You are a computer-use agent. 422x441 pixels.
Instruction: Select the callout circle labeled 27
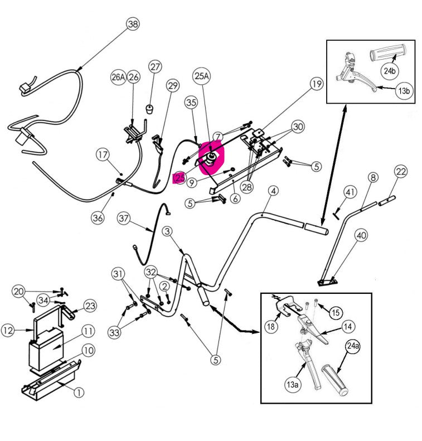click(154, 66)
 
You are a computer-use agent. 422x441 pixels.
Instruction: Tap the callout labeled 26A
click(118, 77)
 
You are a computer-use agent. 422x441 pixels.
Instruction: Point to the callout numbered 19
click(316, 85)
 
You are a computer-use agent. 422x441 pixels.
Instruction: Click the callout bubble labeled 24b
click(389, 70)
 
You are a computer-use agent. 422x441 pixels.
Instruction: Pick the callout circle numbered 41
click(349, 192)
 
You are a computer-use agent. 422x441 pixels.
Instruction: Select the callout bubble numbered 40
click(361, 236)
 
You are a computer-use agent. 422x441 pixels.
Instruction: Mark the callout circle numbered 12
click(8, 331)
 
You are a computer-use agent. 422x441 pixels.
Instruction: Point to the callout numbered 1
click(79, 392)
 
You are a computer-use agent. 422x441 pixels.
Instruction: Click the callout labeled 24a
click(353, 346)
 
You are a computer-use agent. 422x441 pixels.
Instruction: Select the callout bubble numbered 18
click(271, 326)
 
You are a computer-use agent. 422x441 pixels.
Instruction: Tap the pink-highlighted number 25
click(179, 178)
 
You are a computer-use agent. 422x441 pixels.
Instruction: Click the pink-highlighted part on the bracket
click(211, 159)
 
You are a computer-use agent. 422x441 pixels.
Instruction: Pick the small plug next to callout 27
click(150, 108)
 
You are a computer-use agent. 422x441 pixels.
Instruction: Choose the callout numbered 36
click(98, 217)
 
